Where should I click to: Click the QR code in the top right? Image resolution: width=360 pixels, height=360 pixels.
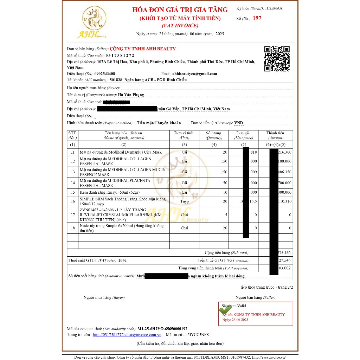pyautogui.click(x=277, y=59)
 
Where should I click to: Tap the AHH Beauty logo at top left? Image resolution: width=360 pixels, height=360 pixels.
pyautogui.click(x=92, y=23)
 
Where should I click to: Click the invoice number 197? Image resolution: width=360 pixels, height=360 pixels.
pyautogui.click(x=257, y=18)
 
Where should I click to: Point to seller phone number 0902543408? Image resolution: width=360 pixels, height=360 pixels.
pyautogui.click(x=105, y=74)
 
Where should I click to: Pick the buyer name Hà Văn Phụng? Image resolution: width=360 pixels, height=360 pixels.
pyautogui.click(x=131, y=95)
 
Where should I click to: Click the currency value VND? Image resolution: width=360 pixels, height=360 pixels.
pyautogui.click(x=238, y=123)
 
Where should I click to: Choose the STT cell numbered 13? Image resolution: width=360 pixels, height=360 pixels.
pyautogui.click(x=73, y=172)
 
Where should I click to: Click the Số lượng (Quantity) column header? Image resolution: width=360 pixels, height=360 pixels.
pyautogui.click(x=214, y=135)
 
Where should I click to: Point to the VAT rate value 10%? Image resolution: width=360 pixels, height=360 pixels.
pyautogui.click(x=122, y=261)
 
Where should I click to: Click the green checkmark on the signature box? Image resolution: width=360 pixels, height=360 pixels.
pyautogui.click(x=224, y=310)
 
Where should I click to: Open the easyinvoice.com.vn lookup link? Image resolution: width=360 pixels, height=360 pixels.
pyautogui.click(x=127, y=335)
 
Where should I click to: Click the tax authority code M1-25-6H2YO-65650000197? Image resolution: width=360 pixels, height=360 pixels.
pyautogui.click(x=162, y=328)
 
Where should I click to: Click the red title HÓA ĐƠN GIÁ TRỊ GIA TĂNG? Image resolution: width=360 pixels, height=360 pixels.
pyautogui.click(x=180, y=10)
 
